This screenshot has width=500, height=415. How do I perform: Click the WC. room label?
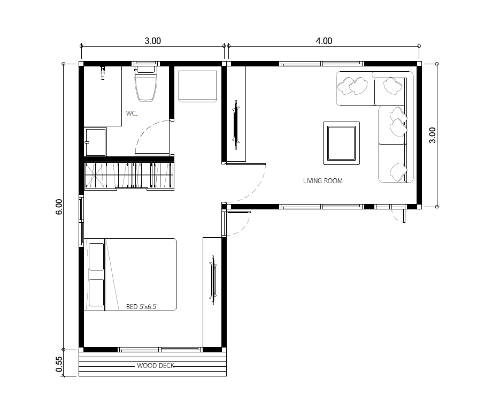click(x=132, y=114)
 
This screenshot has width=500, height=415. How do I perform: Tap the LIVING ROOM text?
click(x=322, y=180)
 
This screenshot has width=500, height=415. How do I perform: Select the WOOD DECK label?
click(x=156, y=366)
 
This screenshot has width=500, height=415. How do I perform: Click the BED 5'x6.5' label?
click(x=142, y=307)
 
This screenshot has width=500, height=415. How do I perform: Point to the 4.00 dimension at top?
click(x=324, y=41)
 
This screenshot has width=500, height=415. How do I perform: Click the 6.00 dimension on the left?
click(x=59, y=207)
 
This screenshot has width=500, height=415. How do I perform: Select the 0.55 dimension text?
click(x=59, y=364)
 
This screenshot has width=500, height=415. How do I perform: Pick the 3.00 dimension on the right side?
click(x=432, y=135)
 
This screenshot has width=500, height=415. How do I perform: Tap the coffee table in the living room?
click(x=342, y=143)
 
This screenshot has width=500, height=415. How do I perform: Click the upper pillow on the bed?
click(x=96, y=256)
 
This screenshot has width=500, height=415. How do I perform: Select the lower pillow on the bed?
click(x=96, y=292)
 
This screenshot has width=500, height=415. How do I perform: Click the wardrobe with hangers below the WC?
click(x=129, y=176)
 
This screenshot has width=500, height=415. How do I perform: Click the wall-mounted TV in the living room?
click(x=236, y=124)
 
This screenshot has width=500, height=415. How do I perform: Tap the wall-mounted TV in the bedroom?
click(x=213, y=280)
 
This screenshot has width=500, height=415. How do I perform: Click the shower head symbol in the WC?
click(x=103, y=73)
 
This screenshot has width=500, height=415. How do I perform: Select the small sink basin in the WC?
click(x=95, y=142)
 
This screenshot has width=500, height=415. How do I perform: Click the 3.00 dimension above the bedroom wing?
click(x=153, y=41)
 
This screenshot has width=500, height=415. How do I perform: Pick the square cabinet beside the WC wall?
click(x=198, y=86)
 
